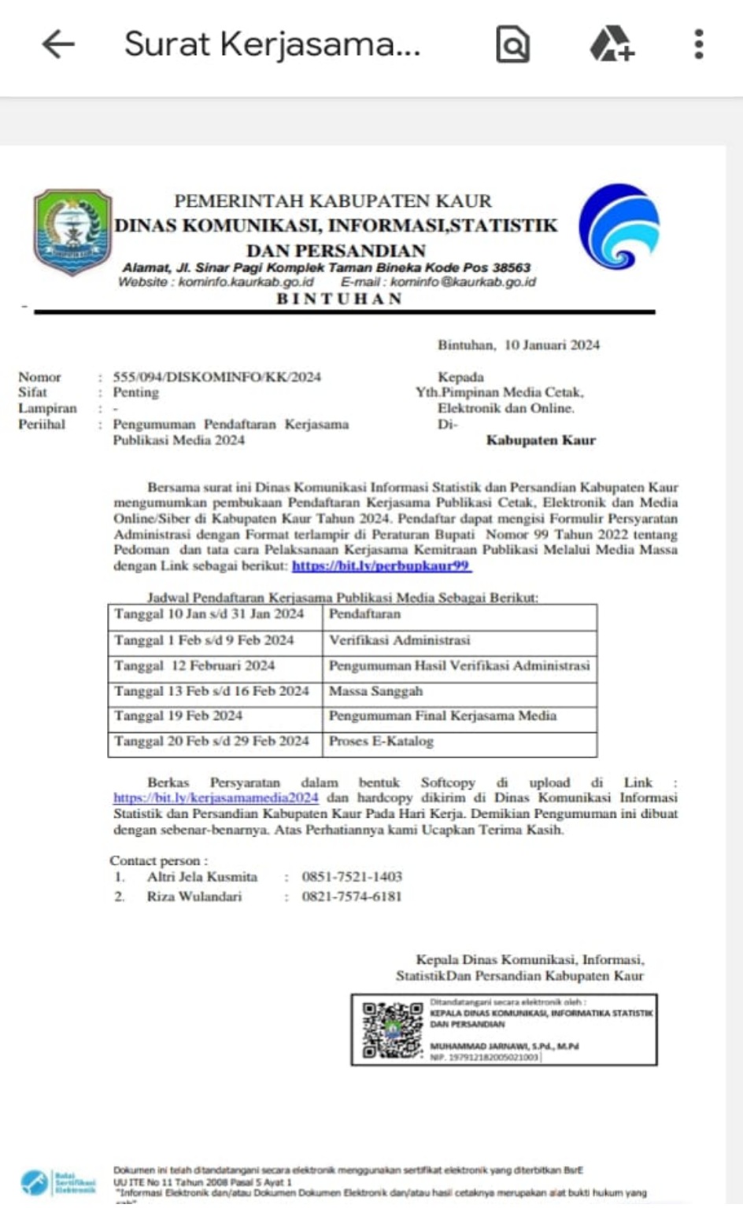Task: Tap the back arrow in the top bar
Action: coord(57,44)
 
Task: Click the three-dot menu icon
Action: coord(698,44)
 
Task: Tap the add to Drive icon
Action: coord(612,44)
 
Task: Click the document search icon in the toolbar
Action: coord(512,44)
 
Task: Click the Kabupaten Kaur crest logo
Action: coord(72,231)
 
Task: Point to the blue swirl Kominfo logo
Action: coord(619,226)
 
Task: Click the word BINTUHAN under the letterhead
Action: coord(339,299)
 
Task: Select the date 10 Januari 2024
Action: coord(552,344)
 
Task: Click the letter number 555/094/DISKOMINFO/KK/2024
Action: coord(216,377)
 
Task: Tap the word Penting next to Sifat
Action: coord(135,392)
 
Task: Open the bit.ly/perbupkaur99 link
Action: coord(381,565)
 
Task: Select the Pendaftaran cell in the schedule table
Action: coord(364,614)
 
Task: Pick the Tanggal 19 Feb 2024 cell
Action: coord(178,716)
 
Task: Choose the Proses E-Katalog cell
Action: coord(381,741)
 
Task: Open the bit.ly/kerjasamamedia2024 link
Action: coord(216,797)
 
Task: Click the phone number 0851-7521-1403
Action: coord(352,876)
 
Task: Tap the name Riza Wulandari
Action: coord(194,897)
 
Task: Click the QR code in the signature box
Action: coord(393,1029)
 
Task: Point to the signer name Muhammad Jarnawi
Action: coord(504,1047)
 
